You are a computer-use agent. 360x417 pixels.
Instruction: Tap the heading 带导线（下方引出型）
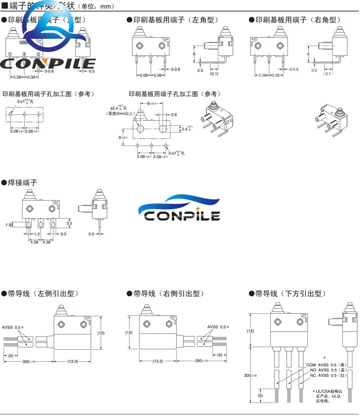294,293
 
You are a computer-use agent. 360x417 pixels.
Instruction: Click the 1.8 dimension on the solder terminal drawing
9,225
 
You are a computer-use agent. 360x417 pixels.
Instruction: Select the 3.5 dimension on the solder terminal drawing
69,223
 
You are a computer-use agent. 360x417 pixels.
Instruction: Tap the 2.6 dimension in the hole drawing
173,115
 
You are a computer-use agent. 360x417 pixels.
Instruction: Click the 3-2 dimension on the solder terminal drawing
63,234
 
